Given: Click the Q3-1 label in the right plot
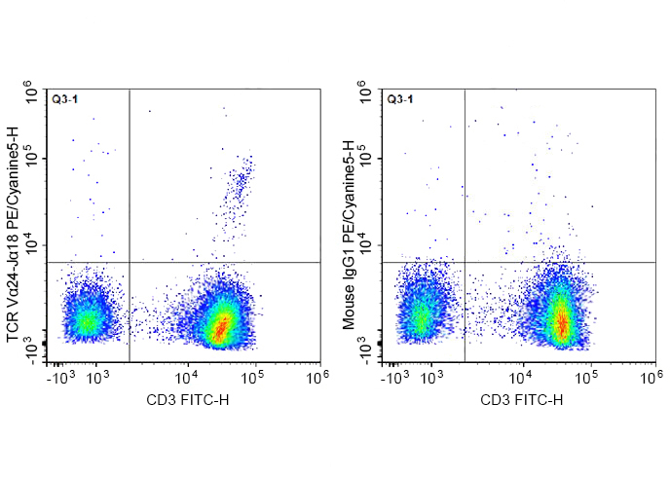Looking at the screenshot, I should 400,99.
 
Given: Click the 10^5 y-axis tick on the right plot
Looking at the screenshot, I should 373,159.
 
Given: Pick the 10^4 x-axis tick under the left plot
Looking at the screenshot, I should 186,374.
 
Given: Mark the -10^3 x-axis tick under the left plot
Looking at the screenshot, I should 62,374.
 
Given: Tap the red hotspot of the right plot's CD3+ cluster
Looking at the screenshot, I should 561,322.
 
